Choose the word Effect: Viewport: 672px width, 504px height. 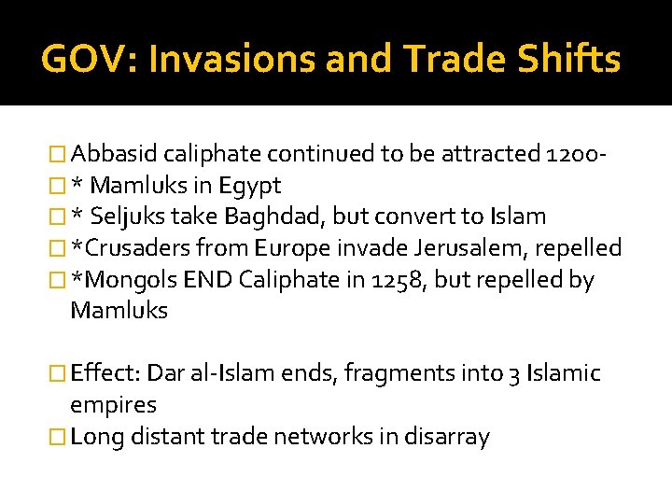click(105, 374)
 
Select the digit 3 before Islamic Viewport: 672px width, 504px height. click(513, 374)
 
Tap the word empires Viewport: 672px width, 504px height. click(114, 405)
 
